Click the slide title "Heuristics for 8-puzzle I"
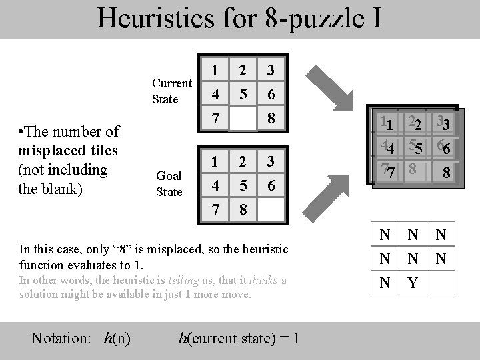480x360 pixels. point(239,18)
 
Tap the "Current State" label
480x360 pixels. point(172,91)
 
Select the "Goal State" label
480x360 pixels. point(169,184)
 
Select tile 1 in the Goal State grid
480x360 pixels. point(214,161)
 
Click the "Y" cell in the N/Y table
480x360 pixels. point(413,283)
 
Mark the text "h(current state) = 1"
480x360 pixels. point(239,339)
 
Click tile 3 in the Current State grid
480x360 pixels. point(271,70)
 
